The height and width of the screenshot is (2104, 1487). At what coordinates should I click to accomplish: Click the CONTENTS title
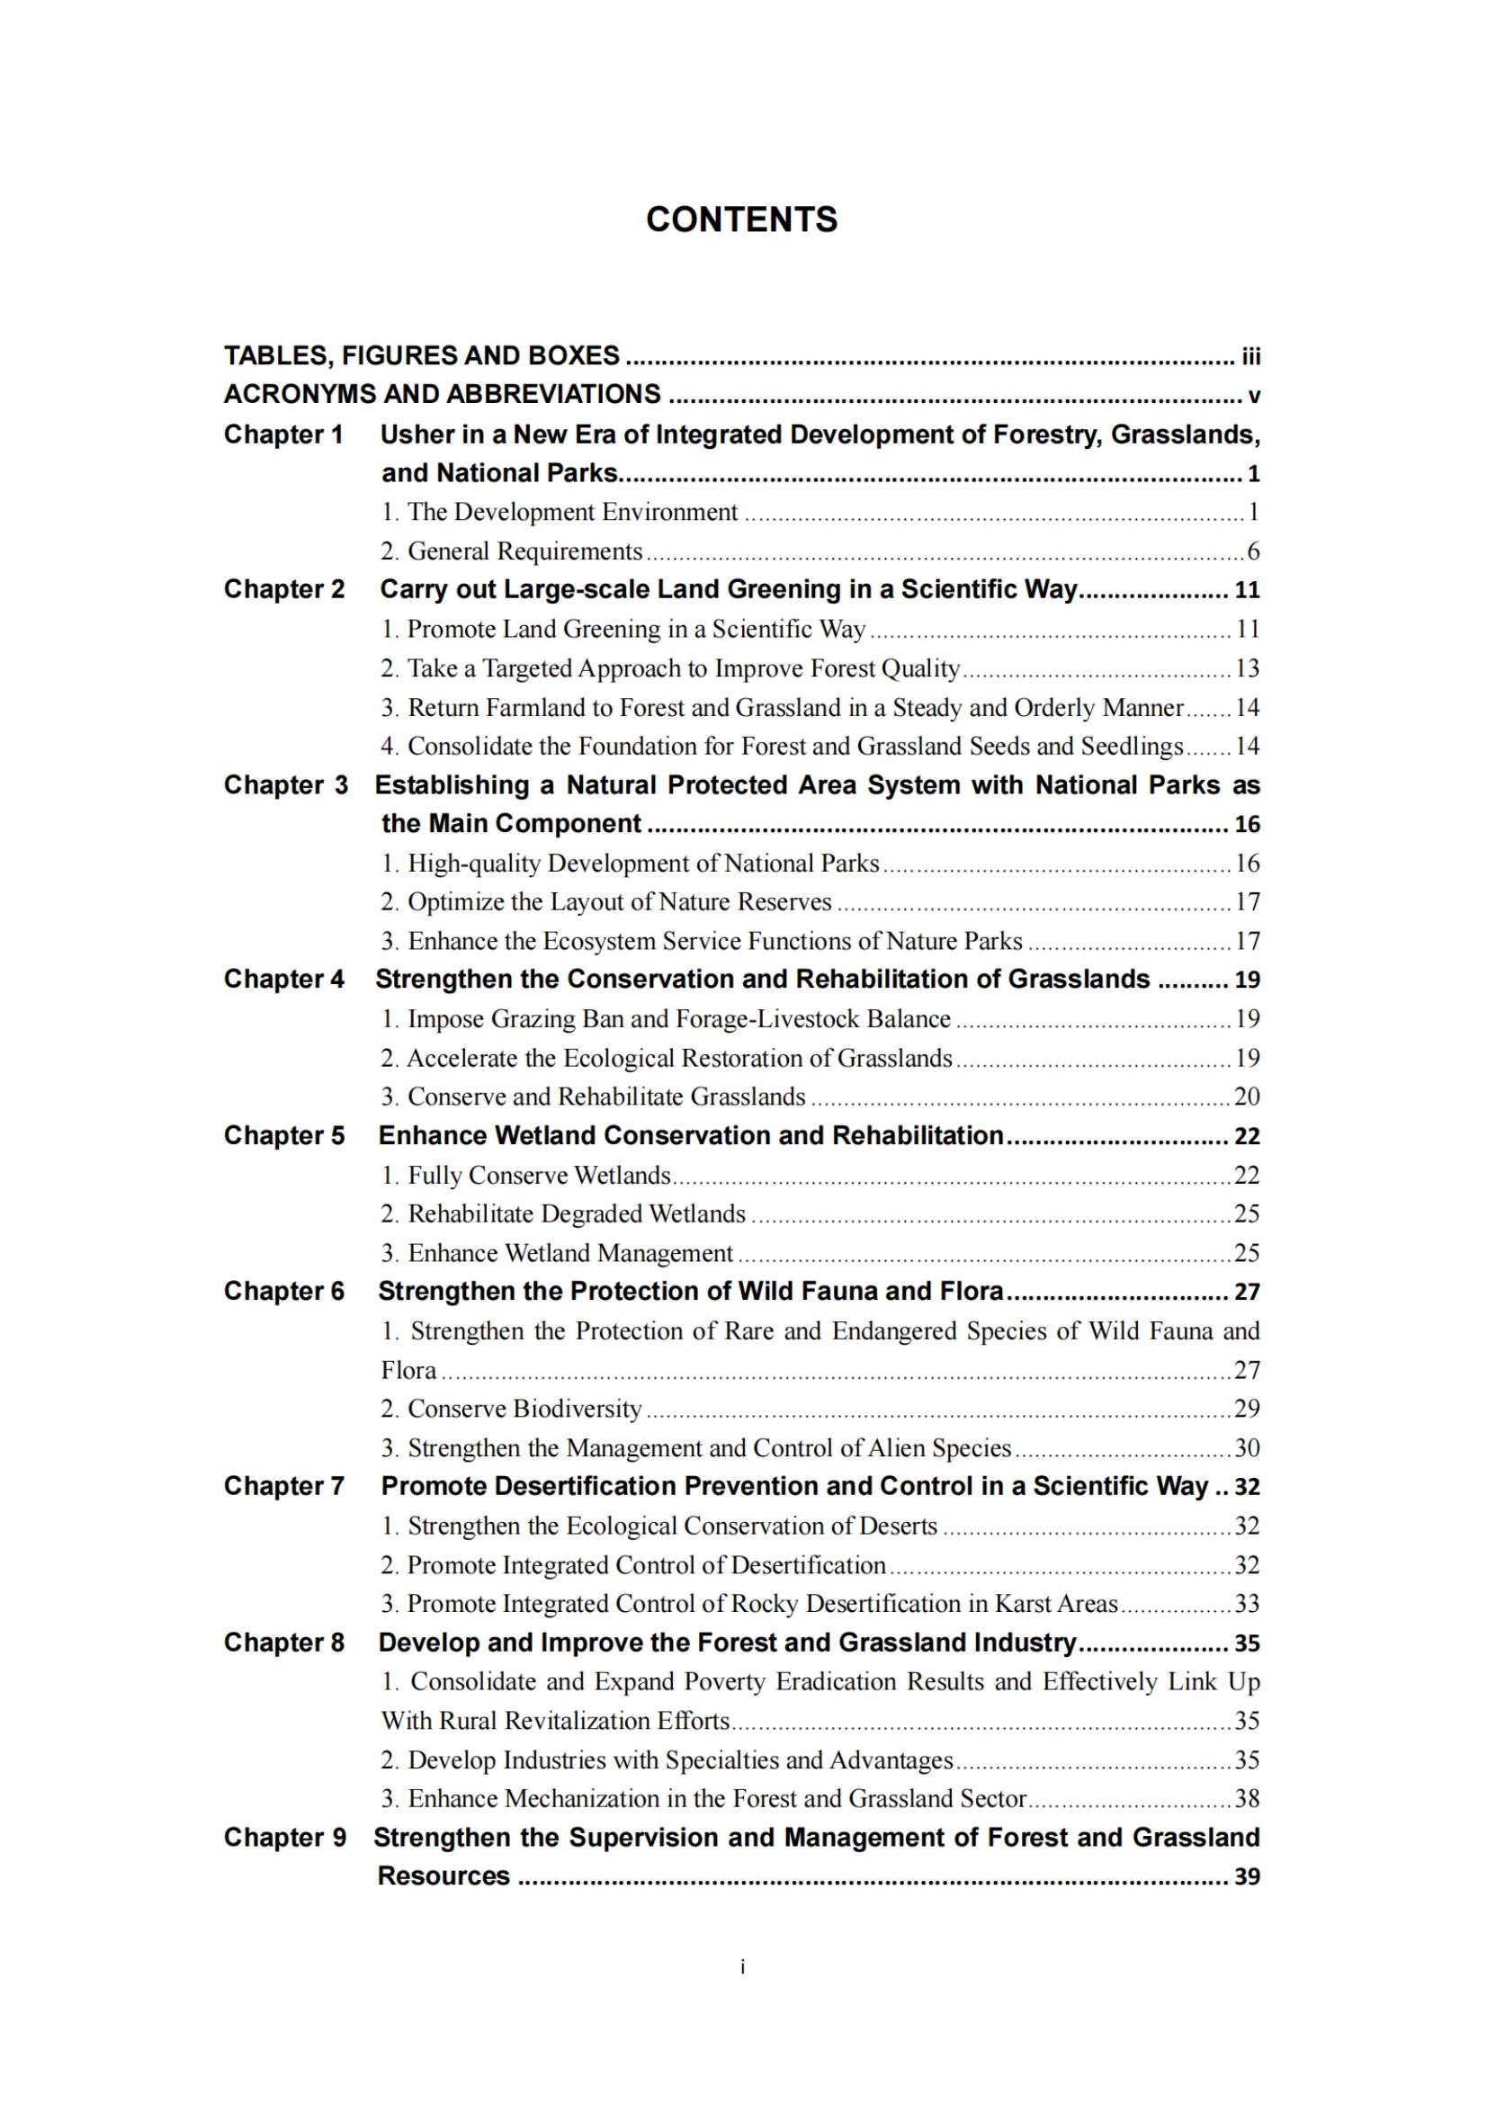pos(741,219)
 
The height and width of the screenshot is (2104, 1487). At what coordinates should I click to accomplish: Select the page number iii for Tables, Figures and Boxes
pos(1250,355)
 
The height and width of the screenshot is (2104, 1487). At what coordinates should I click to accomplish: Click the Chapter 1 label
pos(284,434)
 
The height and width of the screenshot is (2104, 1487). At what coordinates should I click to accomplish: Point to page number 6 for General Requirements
pos(1252,551)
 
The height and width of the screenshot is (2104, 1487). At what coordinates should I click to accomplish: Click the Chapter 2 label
pos(284,589)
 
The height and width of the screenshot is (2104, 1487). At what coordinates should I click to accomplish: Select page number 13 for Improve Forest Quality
pos(1247,669)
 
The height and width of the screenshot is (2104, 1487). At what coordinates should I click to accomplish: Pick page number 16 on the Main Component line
pos(1247,825)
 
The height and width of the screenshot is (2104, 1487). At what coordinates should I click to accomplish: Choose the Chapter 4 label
pos(284,980)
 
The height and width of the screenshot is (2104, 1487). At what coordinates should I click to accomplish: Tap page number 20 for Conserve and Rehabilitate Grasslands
pos(1247,1097)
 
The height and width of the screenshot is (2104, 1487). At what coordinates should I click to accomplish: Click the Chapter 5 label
pos(284,1136)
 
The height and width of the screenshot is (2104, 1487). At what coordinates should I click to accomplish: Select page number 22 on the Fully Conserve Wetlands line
pos(1247,1176)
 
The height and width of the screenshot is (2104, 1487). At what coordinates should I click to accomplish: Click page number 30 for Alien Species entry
pos(1247,1448)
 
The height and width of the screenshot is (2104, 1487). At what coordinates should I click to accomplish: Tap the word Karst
pos(1024,1604)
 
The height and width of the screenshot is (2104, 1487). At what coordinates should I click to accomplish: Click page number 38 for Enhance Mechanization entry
pos(1247,1799)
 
